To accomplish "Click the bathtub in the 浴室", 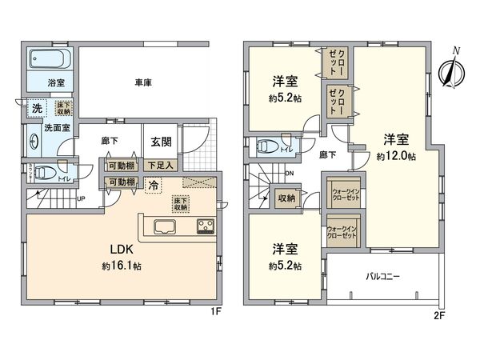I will [x=48, y=60].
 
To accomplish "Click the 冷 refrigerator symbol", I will [x=152, y=185].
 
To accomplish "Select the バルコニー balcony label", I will [x=383, y=276].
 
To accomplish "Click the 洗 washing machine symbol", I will [x=36, y=108].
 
